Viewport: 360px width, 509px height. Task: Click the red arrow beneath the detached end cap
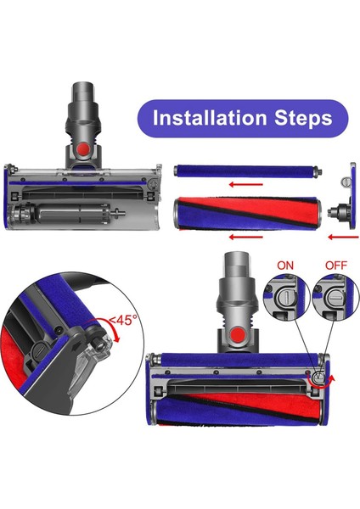(337, 227)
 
